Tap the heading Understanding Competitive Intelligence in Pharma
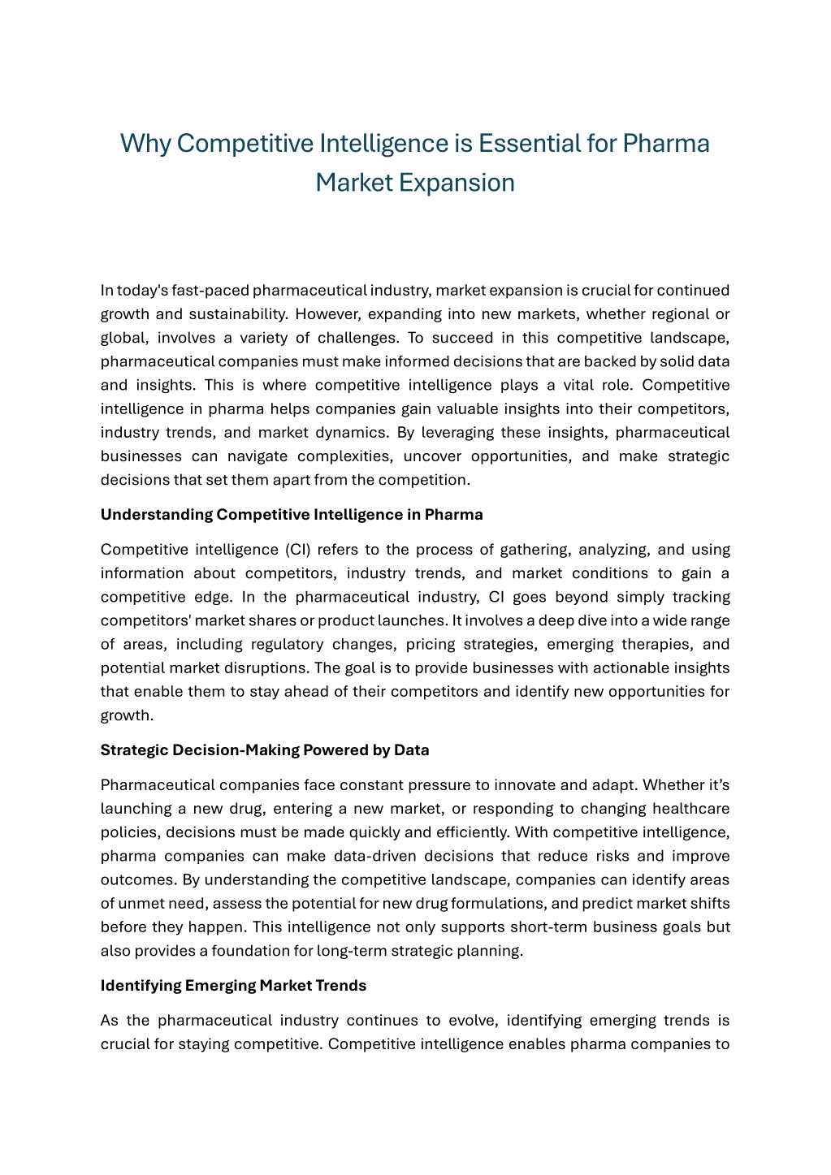pos(292,515)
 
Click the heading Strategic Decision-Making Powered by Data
pos(265,750)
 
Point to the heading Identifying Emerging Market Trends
pos(233,986)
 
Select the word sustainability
pos(239,314)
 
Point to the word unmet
pos(145,903)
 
